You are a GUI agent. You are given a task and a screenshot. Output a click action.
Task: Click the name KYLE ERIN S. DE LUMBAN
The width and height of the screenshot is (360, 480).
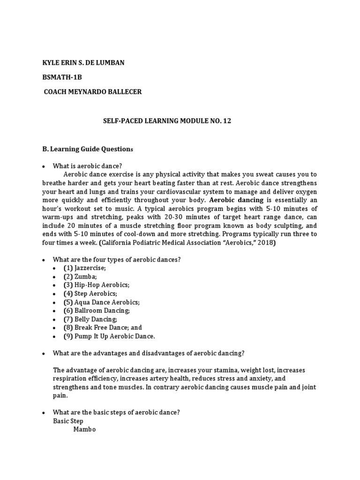click(83, 63)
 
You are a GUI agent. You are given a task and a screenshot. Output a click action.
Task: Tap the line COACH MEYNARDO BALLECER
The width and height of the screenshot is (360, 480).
click(92, 92)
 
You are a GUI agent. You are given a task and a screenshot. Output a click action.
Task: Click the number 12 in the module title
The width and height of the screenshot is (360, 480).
click(227, 121)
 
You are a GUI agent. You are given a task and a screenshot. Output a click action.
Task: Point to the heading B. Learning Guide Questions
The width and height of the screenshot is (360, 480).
click(88, 149)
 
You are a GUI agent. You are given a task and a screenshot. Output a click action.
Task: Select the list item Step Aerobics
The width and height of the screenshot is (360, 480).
click(90, 294)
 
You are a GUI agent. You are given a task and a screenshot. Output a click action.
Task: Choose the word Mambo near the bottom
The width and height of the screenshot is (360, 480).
click(84, 429)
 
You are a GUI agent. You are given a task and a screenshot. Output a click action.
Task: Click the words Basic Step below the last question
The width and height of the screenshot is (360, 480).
click(68, 421)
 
